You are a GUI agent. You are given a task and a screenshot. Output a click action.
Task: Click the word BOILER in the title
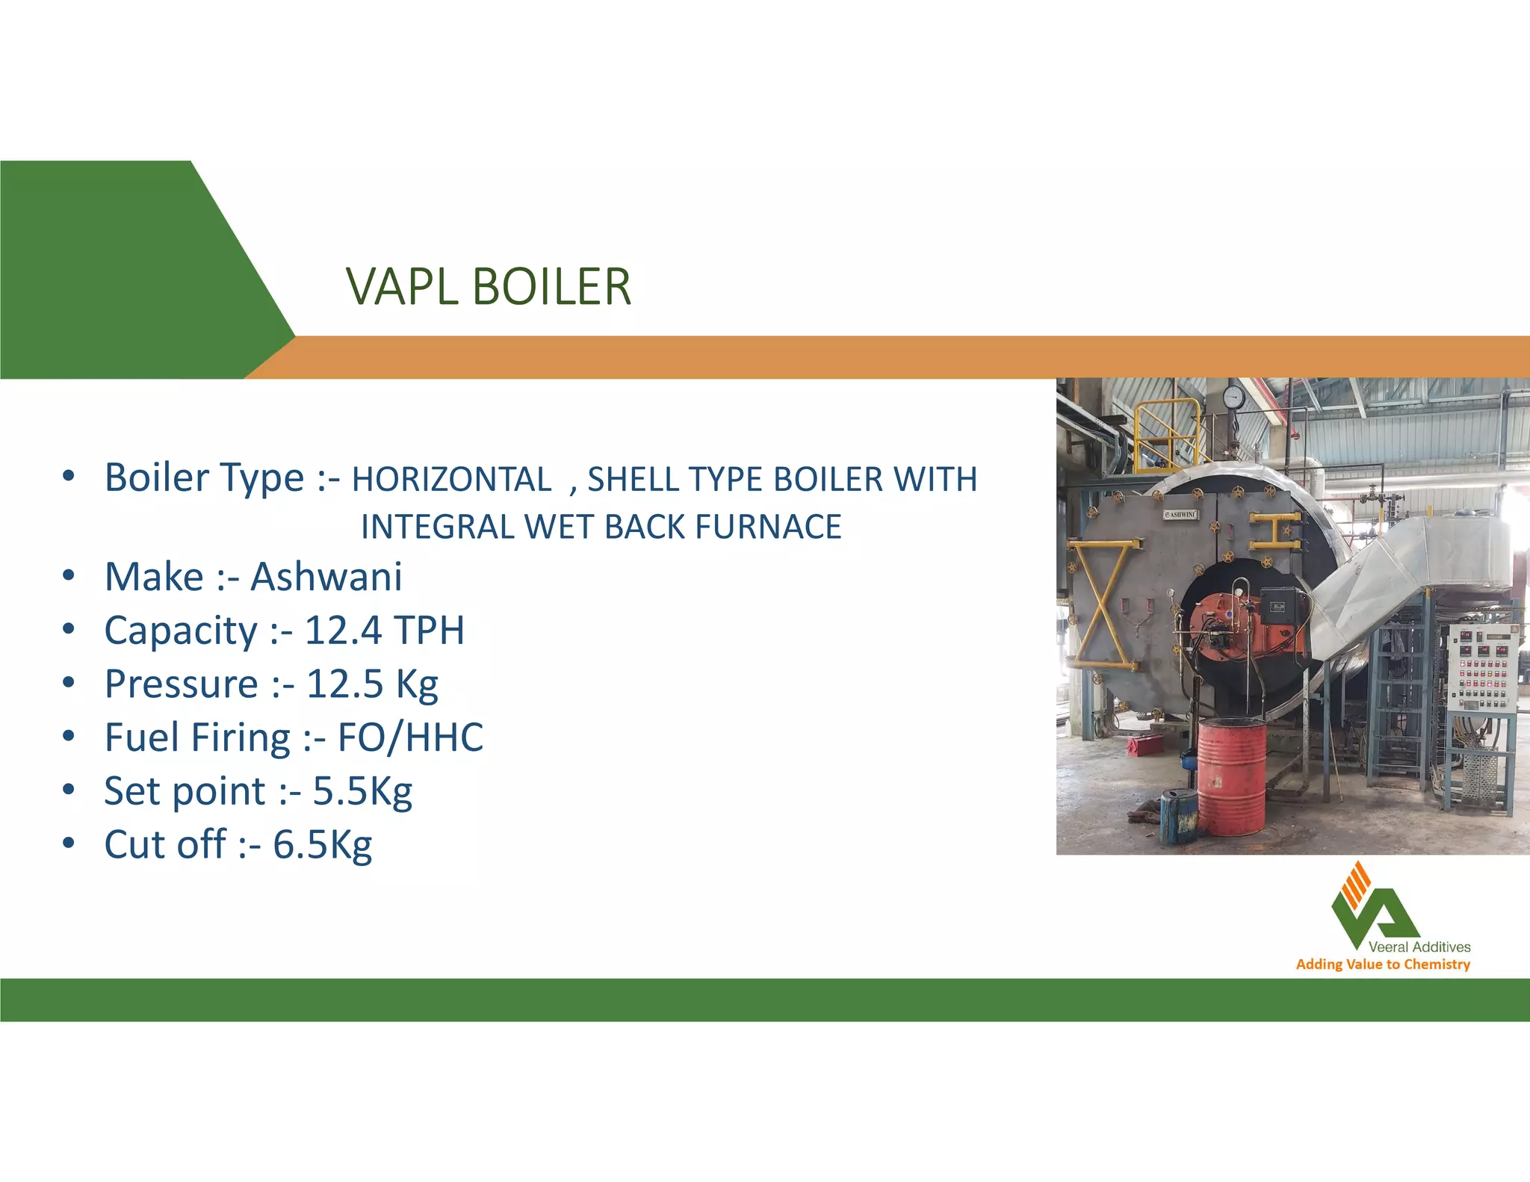(552, 287)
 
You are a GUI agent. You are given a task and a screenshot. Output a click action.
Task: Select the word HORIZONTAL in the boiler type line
(451, 480)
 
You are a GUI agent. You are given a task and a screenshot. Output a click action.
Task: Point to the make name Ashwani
(326, 577)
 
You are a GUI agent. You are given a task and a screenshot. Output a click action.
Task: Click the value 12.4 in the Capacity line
(344, 631)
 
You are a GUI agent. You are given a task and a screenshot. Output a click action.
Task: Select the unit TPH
(429, 631)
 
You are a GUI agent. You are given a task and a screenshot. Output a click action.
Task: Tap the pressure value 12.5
(344, 684)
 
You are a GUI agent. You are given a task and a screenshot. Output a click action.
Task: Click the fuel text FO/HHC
(410, 738)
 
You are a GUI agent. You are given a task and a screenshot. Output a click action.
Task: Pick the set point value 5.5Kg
(362, 792)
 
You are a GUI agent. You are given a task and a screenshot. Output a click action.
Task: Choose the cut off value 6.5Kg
(322, 846)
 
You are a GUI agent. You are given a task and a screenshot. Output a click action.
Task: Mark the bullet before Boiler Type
(69, 477)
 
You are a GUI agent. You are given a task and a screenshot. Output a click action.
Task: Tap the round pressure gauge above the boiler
(1233, 397)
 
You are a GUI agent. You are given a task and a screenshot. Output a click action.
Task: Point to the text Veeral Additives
(1419, 947)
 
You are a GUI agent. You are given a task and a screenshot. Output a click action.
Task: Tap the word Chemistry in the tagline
(1437, 965)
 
